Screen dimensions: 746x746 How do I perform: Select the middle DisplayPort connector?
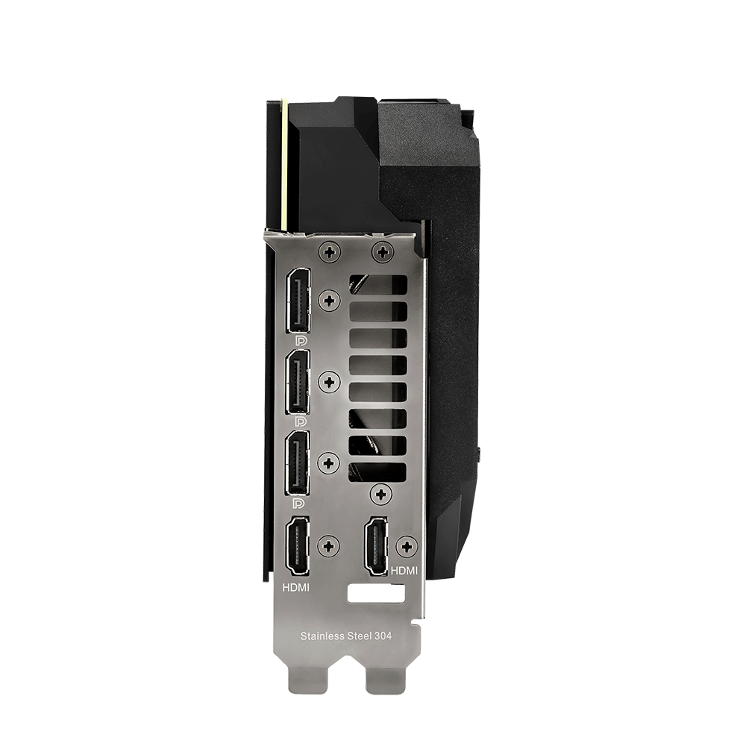point(298,381)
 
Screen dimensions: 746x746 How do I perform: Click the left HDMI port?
point(296,546)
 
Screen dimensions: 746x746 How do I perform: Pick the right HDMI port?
point(376,546)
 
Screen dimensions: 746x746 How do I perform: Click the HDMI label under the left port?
point(296,588)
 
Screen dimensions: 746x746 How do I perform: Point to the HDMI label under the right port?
point(404,570)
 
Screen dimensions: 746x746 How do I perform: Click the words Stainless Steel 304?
point(346,636)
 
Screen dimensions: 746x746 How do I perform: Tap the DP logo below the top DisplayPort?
point(300,341)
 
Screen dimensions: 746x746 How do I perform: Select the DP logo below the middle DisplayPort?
point(300,422)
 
